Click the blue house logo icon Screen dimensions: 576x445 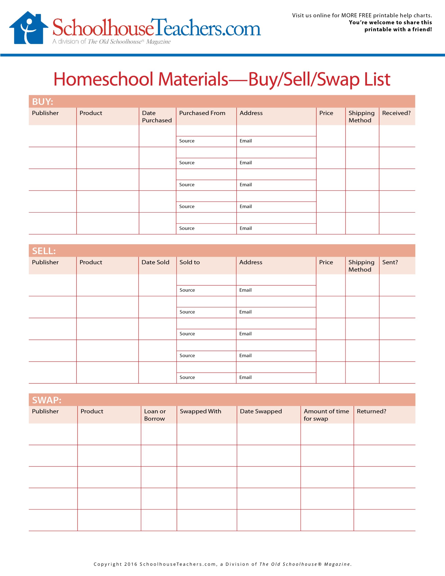coord(29,28)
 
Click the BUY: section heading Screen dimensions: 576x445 coord(43,101)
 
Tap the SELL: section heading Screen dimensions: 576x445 coord(44,251)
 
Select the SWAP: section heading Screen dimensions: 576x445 coord(46,400)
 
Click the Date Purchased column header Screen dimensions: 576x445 coord(157,117)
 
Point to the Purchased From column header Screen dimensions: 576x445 coord(202,113)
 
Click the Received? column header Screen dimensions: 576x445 coord(396,113)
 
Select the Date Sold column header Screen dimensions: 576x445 coord(155,262)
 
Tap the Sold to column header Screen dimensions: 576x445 coord(189,262)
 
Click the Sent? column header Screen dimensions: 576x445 coord(390,262)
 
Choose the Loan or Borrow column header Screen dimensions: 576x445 coord(155,415)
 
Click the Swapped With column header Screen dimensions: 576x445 coord(200,412)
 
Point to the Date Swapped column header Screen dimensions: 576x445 coord(261,412)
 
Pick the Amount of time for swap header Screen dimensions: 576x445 coord(326,415)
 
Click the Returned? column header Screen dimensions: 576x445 coord(371,412)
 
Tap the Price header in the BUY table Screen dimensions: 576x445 coord(326,113)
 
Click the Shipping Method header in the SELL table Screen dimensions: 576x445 coord(361,266)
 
